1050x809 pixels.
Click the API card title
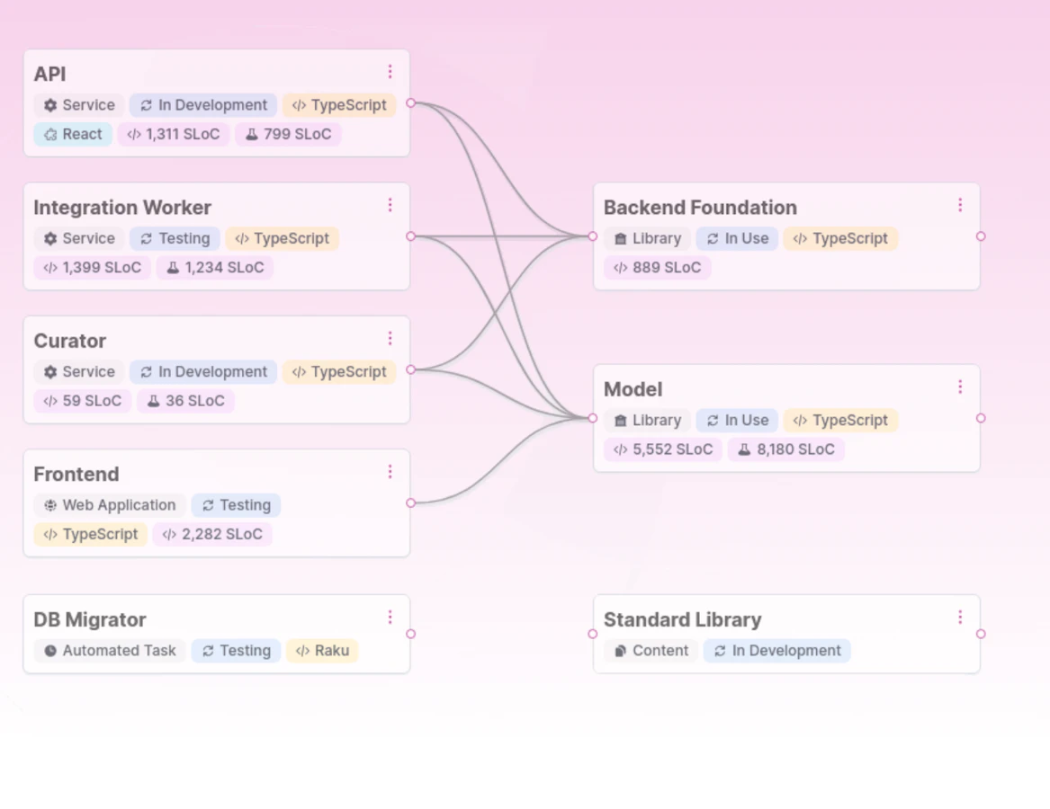(x=49, y=75)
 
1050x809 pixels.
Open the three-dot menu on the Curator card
(x=390, y=339)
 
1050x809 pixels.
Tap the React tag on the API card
(x=73, y=134)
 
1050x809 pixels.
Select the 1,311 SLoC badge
(x=174, y=134)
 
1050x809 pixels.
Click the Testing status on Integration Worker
(x=175, y=238)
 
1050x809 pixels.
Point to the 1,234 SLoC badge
(x=215, y=268)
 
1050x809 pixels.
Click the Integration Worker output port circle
(x=410, y=236)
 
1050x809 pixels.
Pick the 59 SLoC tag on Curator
(x=83, y=401)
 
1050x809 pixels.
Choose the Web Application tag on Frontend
(x=110, y=505)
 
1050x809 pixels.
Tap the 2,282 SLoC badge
(x=212, y=534)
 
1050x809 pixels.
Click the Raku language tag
(x=322, y=651)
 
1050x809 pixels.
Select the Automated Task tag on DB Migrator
(x=110, y=651)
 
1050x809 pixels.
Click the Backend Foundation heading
(x=700, y=208)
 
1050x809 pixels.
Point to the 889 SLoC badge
(x=658, y=268)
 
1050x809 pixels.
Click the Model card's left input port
(x=593, y=418)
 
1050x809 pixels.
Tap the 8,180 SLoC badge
(x=786, y=449)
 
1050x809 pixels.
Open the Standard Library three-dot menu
(x=960, y=618)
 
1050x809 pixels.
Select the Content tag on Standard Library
(x=651, y=651)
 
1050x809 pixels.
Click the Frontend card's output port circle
(x=410, y=502)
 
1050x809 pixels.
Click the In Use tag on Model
(x=737, y=420)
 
